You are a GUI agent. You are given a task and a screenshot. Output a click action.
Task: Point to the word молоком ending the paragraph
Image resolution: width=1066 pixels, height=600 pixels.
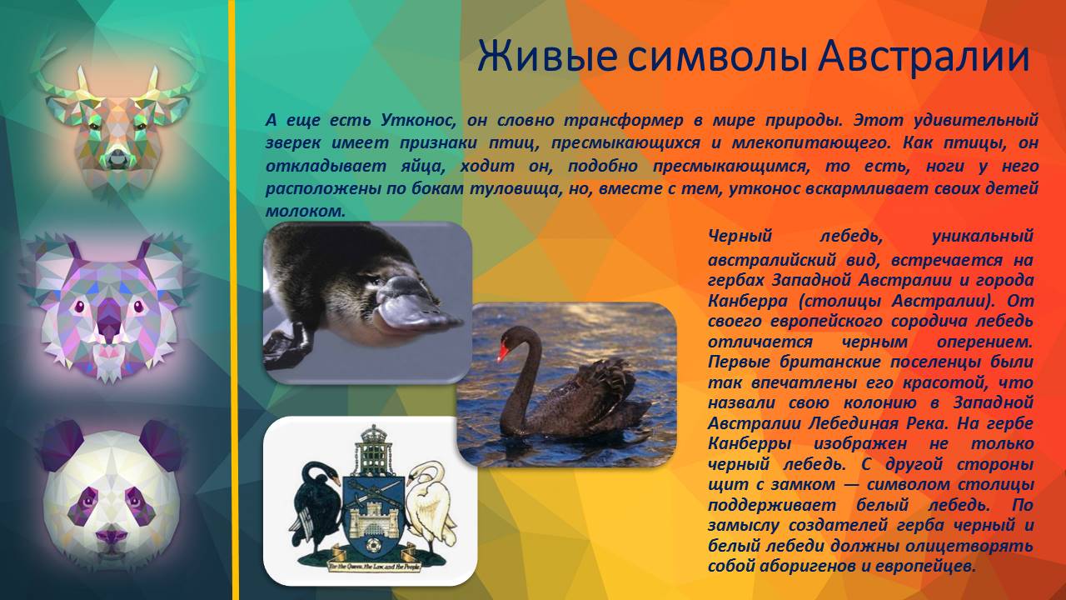click(305, 212)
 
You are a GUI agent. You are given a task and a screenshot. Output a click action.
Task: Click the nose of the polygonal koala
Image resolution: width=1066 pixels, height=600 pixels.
click(108, 319)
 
